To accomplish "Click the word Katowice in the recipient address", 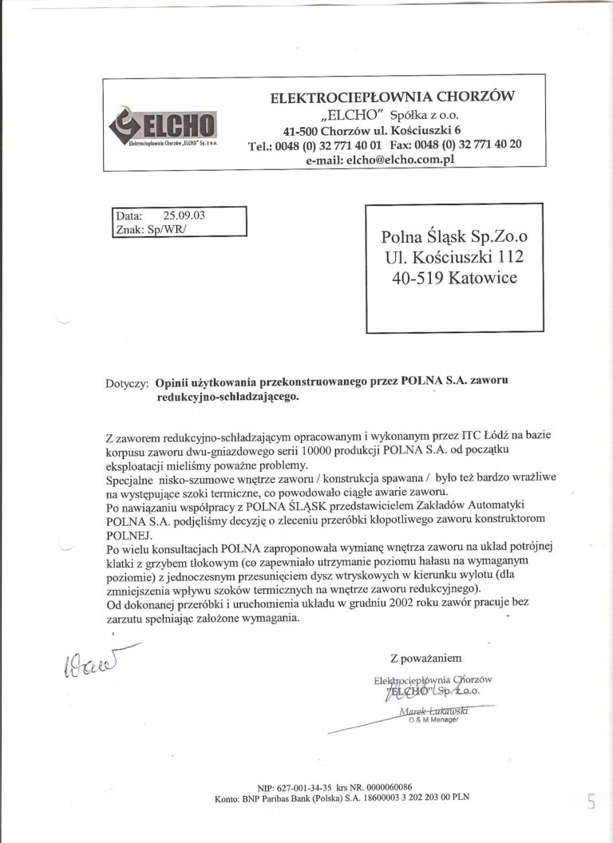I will point(484,279).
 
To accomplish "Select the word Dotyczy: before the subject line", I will point(126,383).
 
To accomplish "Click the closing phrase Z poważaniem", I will point(426,659).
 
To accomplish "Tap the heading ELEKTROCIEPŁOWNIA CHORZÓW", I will point(394,97).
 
